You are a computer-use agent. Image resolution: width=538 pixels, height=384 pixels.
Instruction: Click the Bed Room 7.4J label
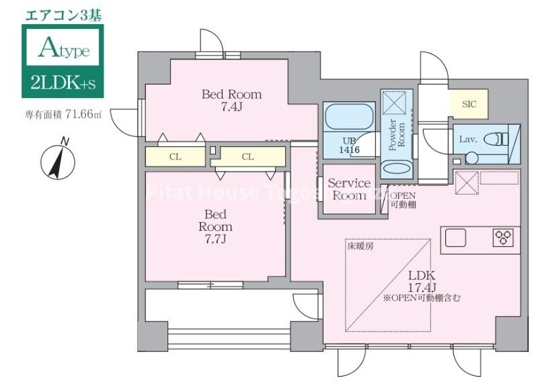[231, 100]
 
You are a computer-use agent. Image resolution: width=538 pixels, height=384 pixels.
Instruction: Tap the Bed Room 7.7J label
[215, 226]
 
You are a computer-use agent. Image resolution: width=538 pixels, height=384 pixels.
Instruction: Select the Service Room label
[349, 189]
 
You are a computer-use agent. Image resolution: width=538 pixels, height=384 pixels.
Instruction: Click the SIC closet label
[468, 105]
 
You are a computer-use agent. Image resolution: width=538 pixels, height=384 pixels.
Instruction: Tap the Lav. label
[468, 139]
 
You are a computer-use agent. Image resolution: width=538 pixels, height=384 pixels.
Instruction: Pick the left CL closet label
[175, 157]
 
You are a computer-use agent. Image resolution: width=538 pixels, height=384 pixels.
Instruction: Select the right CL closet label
[247, 157]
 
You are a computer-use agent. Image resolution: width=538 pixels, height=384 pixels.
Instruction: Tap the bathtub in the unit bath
[348, 119]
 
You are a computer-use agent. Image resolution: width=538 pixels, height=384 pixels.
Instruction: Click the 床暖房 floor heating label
[361, 246]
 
